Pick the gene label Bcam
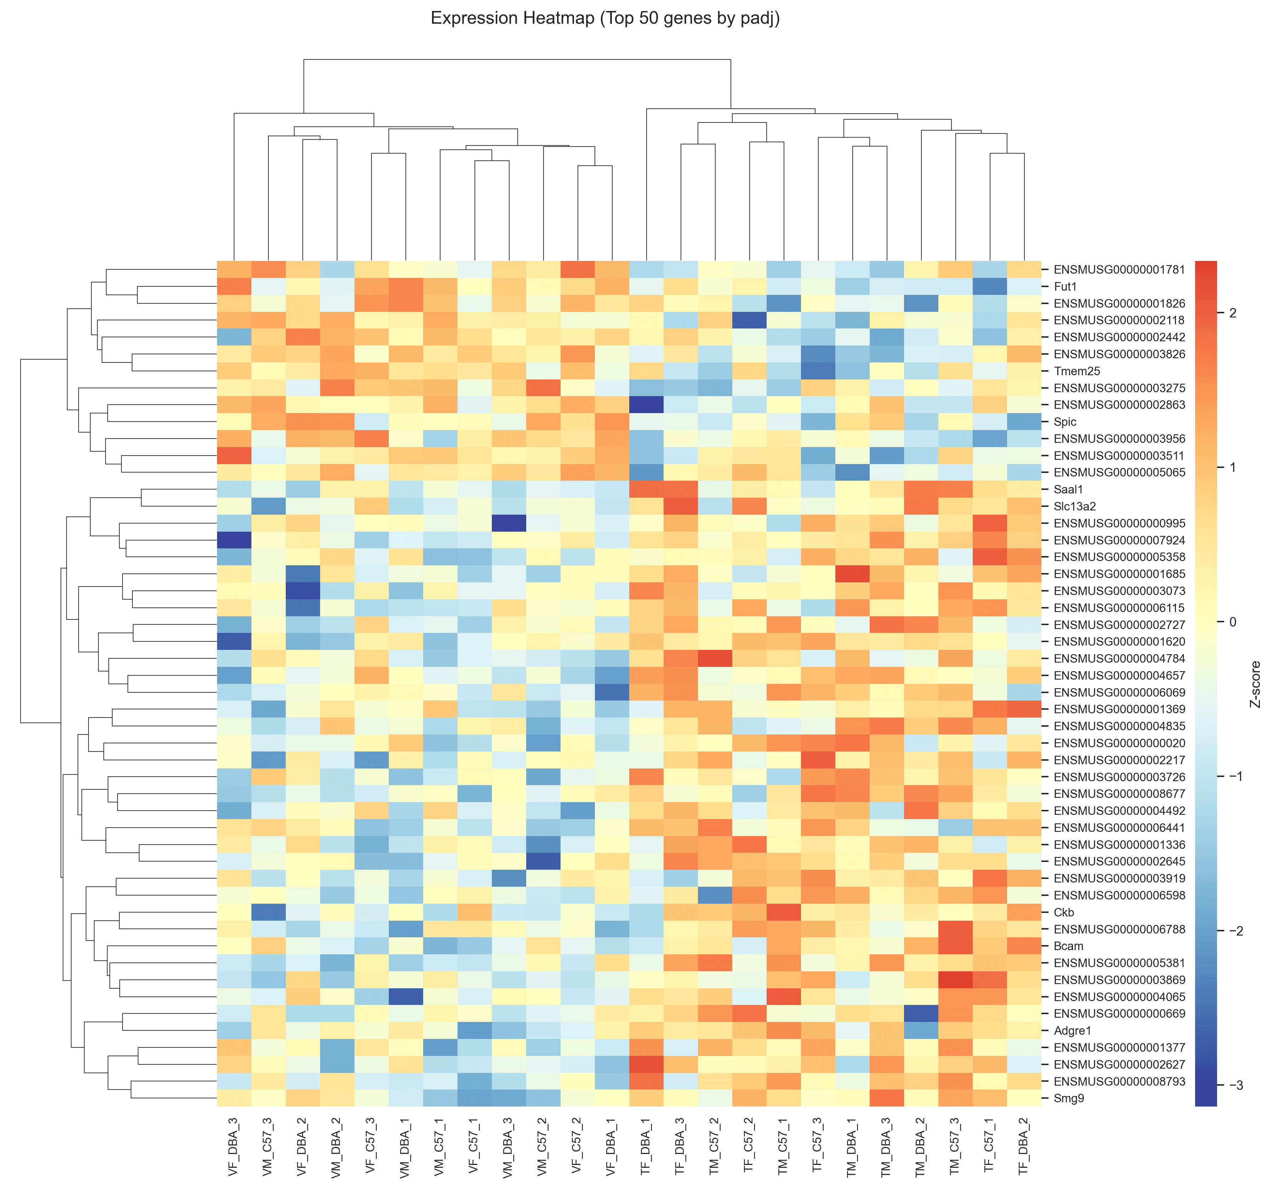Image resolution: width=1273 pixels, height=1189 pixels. [x=1068, y=946]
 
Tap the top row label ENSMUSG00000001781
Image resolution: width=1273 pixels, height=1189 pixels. [x=1119, y=270]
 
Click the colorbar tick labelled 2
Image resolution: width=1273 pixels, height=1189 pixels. [x=1233, y=313]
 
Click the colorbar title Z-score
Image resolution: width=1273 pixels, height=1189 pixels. [x=1255, y=684]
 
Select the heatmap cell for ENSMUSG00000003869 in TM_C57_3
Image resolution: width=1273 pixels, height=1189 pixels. [x=955, y=980]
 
